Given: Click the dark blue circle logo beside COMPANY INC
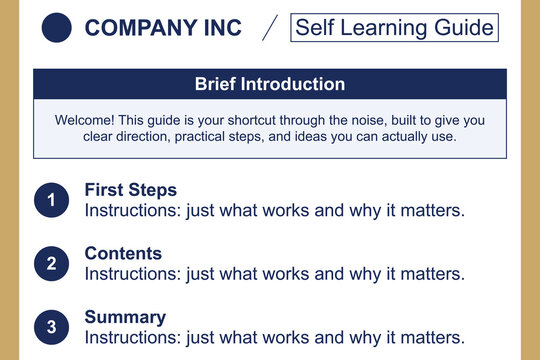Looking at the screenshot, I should pos(58,28).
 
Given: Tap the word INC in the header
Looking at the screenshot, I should pos(218,28).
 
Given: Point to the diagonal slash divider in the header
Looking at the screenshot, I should pos(269,28).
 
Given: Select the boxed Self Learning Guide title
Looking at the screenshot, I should pos(394,27).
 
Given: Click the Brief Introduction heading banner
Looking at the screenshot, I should pos(270,84).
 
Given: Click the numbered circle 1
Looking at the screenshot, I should pos(51,201).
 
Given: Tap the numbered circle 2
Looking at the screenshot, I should pos(51,264).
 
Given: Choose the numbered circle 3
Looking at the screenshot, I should pos(51,326).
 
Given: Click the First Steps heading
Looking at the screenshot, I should pos(130,189).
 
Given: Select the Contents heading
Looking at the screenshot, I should pos(123,253).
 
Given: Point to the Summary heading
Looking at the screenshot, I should pos(125,317).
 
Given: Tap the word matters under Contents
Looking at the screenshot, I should pos(433,273).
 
